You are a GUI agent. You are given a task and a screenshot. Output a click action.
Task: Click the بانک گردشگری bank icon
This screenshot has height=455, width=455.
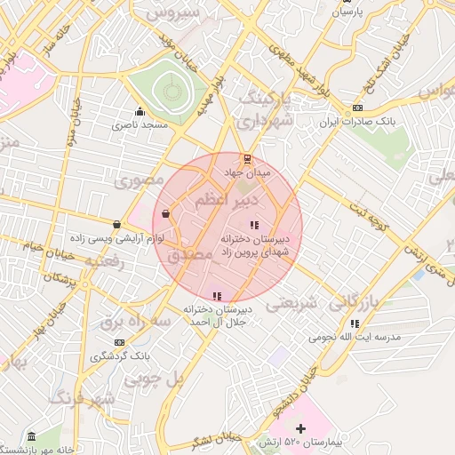point(119,342)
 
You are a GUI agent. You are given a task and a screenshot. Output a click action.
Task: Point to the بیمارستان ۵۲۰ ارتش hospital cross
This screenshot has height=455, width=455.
point(300,428)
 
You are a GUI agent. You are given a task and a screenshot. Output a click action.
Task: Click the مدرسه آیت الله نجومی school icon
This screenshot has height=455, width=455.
point(355,323)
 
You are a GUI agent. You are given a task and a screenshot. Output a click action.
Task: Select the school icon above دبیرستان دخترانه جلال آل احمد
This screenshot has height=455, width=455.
point(216,296)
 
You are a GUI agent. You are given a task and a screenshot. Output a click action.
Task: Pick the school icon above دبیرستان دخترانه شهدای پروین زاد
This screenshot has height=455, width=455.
point(254,225)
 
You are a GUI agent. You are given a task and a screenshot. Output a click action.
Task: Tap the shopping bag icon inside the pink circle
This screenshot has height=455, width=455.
point(166,213)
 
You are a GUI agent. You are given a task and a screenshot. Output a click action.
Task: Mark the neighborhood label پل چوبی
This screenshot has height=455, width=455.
point(153,379)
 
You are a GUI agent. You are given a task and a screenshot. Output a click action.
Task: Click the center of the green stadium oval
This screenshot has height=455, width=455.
point(168,92)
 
